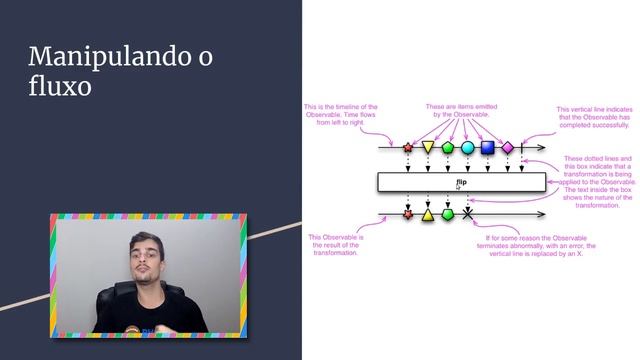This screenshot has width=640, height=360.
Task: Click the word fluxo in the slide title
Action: [60, 87]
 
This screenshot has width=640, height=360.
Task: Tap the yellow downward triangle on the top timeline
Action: [428, 148]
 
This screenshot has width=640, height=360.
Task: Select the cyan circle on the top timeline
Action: [468, 148]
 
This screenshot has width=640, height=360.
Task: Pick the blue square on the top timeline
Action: [488, 148]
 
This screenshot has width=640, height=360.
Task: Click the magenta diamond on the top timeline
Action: [508, 148]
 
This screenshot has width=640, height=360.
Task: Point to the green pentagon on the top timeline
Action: [448, 148]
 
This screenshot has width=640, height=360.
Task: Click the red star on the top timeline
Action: [407, 148]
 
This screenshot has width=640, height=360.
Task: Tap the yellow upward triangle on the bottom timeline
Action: [428, 214]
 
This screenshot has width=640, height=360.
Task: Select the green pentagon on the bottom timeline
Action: [448, 214]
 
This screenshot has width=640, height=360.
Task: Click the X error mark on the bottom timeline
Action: [468, 214]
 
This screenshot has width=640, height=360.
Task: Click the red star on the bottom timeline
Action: [407, 214]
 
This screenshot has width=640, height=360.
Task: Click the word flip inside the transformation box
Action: [462, 182]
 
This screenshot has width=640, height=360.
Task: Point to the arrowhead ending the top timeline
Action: [543, 148]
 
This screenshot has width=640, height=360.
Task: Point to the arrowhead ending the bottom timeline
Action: [543, 214]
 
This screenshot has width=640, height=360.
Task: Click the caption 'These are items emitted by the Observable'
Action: [462, 111]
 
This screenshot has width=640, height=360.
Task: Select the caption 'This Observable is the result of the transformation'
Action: [335, 245]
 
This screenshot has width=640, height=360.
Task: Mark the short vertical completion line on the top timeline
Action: [522, 148]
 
